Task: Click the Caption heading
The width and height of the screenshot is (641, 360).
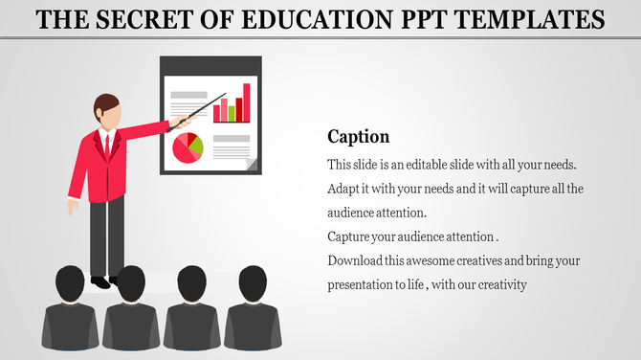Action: [359, 136]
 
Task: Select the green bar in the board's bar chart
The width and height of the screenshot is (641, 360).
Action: [232, 113]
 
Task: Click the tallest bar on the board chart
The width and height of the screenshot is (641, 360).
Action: [246, 102]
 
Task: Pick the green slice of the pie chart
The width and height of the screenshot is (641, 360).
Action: [195, 144]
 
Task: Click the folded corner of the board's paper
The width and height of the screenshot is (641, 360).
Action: [252, 165]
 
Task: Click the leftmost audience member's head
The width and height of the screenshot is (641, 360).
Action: [70, 284]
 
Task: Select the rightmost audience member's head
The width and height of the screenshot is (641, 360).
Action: [253, 283]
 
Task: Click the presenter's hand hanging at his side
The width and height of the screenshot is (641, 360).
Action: [73, 206]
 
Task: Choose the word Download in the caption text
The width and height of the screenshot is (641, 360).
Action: [357, 261]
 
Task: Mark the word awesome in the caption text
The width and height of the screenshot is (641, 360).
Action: [439, 261]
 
